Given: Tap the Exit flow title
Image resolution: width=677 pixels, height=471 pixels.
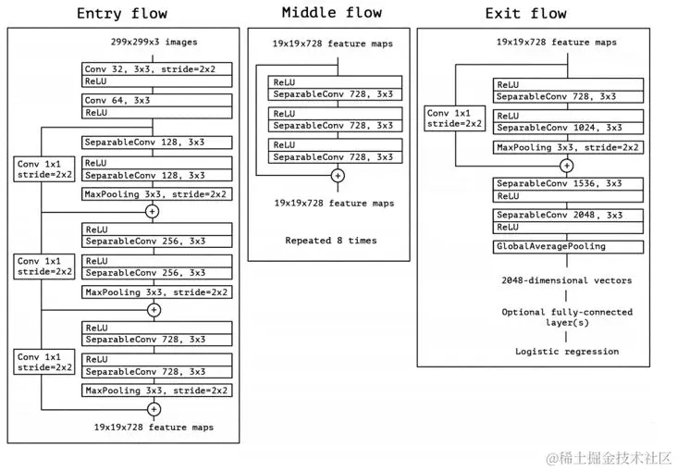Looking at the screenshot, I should (526, 14).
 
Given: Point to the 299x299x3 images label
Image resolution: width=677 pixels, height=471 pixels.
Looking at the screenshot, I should (154, 43).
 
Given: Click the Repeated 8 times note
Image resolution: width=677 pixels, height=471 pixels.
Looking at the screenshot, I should (330, 240).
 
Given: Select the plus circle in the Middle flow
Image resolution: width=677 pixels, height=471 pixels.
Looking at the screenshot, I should (337, 174).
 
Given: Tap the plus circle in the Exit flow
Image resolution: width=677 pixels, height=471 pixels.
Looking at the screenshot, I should (566, 166).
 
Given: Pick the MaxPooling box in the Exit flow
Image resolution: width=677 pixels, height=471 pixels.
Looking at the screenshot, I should (565, 147).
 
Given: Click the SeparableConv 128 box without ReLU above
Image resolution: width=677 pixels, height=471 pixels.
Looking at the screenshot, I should (155, 143).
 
